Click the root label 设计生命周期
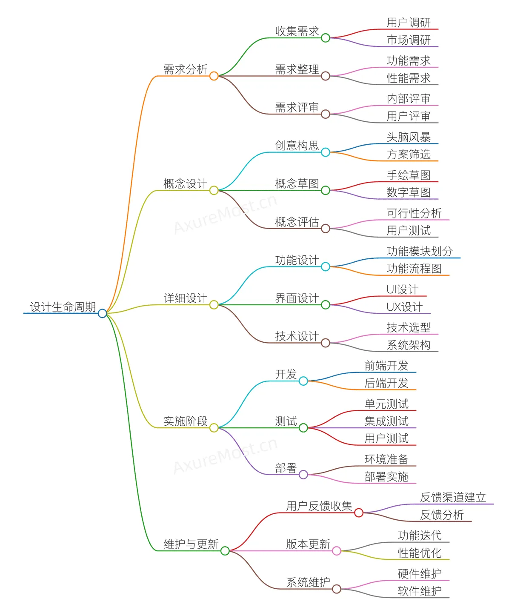(x=63, y=306)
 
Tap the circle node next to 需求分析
(x=214, y=76)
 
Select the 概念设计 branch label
(x=185, y=183)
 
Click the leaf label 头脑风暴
(x=408, y=137)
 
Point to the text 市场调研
(x=408, y=40)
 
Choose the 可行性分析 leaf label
(x=414, y=213)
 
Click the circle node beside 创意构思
(x=325, y=152)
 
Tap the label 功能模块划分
(x=419, y=251)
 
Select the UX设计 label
(x=404, y=307)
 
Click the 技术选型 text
(x=408, y=327)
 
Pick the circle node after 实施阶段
(x=214, y=427)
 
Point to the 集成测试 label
(x=386, y=421)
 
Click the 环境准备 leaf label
(x=386, y=459)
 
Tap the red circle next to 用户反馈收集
(x=358, y=513)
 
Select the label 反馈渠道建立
(x=453, y=497)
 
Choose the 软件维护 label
(x=419, y=591)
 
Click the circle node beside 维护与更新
(x=225, y=551)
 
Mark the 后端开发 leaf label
(x=386, y=383)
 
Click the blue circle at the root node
(x=102, y=313)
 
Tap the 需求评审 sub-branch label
(x=297, y=107)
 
